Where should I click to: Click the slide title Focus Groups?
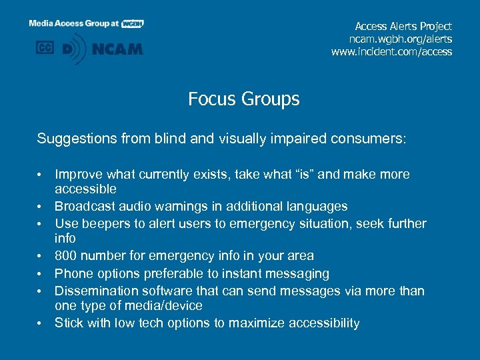pyautogui.click(x=243, y=99)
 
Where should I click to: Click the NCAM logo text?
pyautogui.click(x=117, y=49)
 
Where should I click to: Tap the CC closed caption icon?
pyautogui.click(x=45, y=48)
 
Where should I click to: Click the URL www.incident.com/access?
pyautogui.click(x=391, y=51)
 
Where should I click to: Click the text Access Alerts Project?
pyautogui.click(x=403, y=26)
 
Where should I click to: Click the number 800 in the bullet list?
pyautogui.click(x=66, y=256)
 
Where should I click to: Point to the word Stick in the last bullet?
pyautogui.click(x=68, y=323)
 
